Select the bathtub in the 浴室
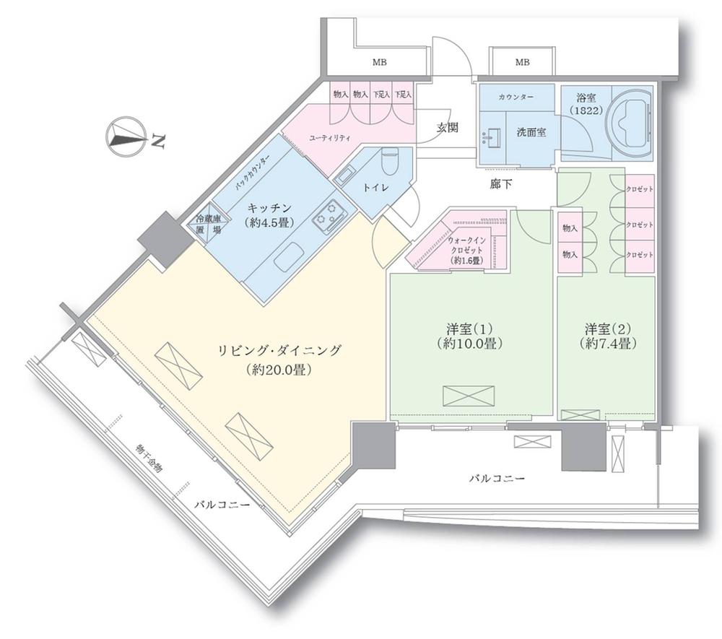(x=631, y=124)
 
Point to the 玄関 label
(x=448, y=128)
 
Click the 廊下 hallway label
(x=501, y=185)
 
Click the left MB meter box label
(x=379, y=63)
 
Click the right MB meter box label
(x=521, y=63)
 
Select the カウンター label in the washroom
(x=515, y=96)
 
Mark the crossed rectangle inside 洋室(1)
(x=469, y=396)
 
